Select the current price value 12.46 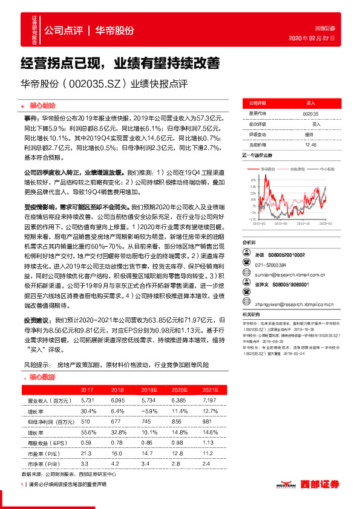pyautogui.click(x=311, y=145)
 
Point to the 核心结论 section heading pyautogui.click(x=42, y=105)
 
